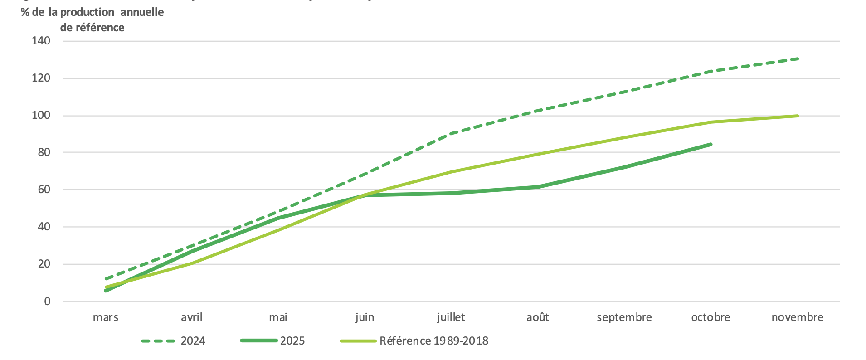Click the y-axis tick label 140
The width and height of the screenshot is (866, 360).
click(x=41, y=41)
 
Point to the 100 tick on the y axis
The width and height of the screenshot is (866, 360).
click(x=41, y=115)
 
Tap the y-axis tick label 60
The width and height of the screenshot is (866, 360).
click(x=44, y=190)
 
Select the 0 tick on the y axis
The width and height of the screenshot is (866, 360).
click(x=47, y=302)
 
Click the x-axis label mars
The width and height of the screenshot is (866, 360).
click(x=106, y=317)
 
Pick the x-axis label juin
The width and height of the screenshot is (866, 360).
click(x=365, y=317)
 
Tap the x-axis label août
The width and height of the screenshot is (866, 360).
click(x=538, y=317)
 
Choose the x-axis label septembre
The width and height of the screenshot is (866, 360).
click(x=624, y=317)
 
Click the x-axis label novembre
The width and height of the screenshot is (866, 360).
click(x=797, y=317)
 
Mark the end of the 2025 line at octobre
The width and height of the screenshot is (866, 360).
click(x=710, y=145)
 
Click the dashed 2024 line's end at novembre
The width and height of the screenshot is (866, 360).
click(x=797, y=59)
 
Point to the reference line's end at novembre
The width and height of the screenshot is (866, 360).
click(x=797, y=116)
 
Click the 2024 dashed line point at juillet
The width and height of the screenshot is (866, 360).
click(x=451, y=133)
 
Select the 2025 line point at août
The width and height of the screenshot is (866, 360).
click(x=538, y=187)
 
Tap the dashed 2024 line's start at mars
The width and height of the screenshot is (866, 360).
click(x=106, y=279)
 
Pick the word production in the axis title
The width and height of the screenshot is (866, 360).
click(x=87, y=12)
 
